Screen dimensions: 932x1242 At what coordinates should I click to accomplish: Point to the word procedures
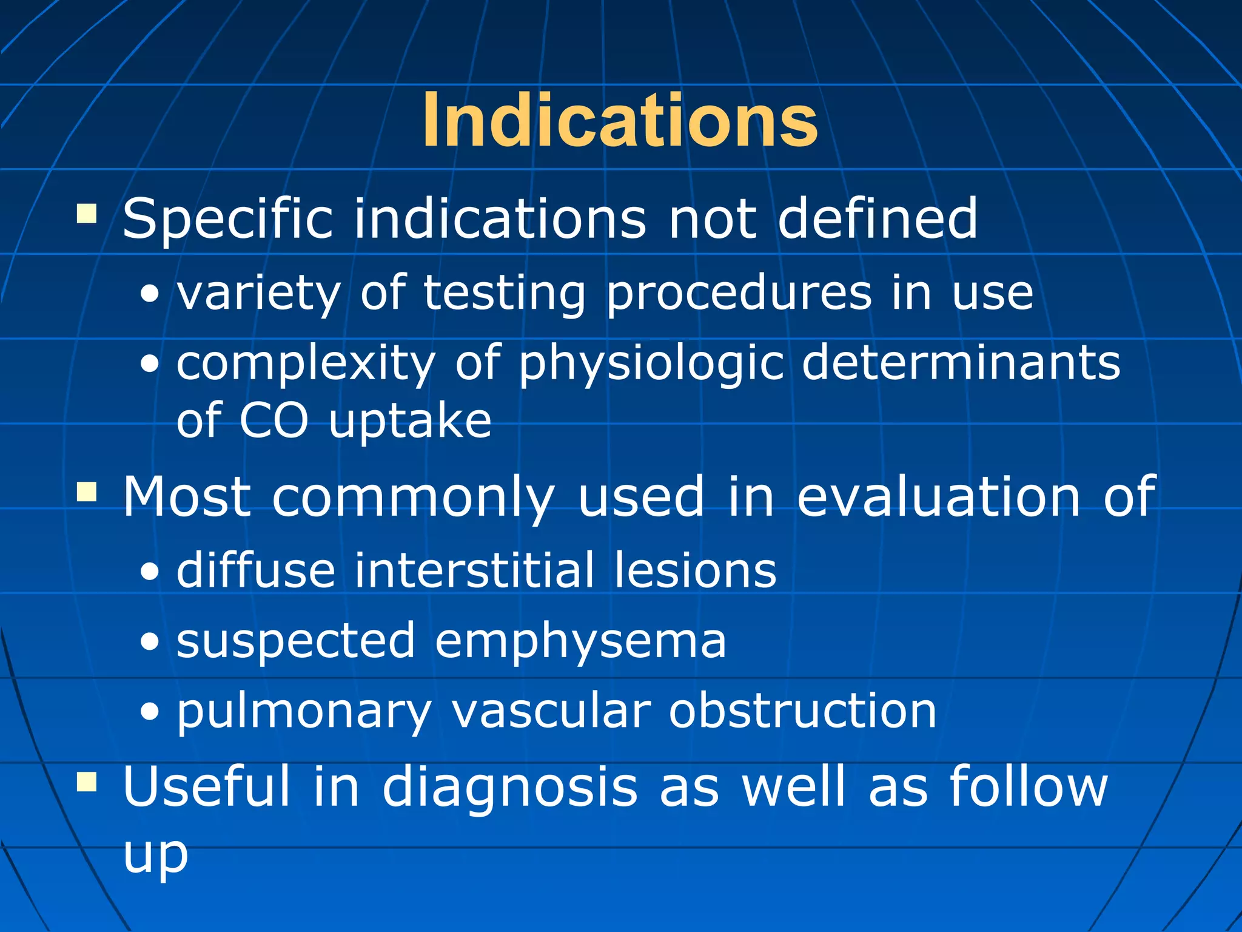(x=739, y=294)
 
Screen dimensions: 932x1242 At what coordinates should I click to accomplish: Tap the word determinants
(x=961, y=362)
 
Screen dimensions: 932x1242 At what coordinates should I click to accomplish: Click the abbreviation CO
(x=274, y=420)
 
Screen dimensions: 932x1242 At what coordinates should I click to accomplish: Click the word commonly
(x=413, y=498)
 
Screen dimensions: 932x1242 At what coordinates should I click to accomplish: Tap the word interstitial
(x=474, y=570)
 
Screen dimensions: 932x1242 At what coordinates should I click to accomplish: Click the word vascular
(x=551, y=711)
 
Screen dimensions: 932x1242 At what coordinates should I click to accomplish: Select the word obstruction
(x=802, y=711)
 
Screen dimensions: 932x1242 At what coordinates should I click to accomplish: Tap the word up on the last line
(x=155, y=854)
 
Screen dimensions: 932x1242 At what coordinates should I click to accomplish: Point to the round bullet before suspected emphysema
(x=149, y=642)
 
